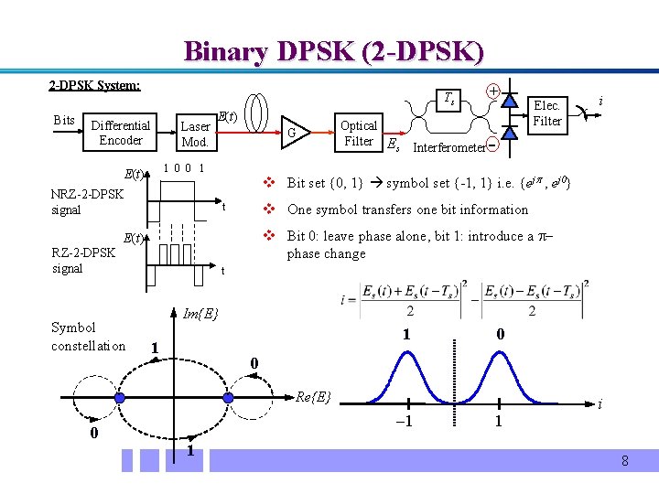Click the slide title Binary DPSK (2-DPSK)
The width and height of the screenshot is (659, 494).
333,50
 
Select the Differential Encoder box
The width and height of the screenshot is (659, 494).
121,133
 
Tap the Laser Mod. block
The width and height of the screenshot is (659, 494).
195,134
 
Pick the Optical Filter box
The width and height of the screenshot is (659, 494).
358,133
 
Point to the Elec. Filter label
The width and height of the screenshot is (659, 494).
547,113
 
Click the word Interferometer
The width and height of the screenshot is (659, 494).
448,147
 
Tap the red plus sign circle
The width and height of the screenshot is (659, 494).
492,91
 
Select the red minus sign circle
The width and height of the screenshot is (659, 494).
492,145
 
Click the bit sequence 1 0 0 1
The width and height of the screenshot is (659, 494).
183,168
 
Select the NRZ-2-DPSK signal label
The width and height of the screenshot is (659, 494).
87,201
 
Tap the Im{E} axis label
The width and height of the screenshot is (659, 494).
201,314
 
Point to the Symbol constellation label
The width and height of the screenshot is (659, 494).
88,336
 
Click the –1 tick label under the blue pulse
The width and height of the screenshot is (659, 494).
405,422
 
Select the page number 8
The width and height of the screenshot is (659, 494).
624,461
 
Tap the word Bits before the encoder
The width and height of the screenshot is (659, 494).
64,120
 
